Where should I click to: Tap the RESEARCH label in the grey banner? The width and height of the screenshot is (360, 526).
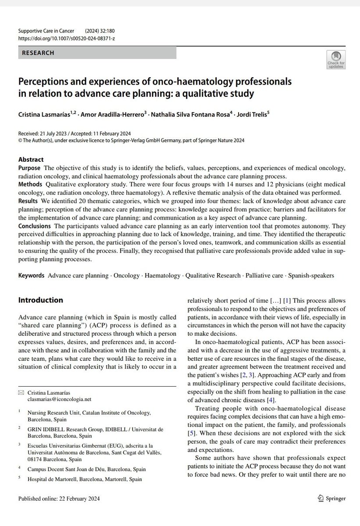point(39,53)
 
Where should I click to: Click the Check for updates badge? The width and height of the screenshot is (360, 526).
point(336,60)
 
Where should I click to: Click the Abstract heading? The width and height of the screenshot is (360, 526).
point(31,160)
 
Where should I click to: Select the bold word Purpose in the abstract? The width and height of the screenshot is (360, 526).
point(29,168)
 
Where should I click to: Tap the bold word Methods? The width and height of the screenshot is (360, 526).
point(30,184)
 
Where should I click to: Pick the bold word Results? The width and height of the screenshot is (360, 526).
point(29,200)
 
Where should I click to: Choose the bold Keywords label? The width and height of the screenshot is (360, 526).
point(31,276)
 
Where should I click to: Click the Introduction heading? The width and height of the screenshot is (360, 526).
point(40,300)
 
